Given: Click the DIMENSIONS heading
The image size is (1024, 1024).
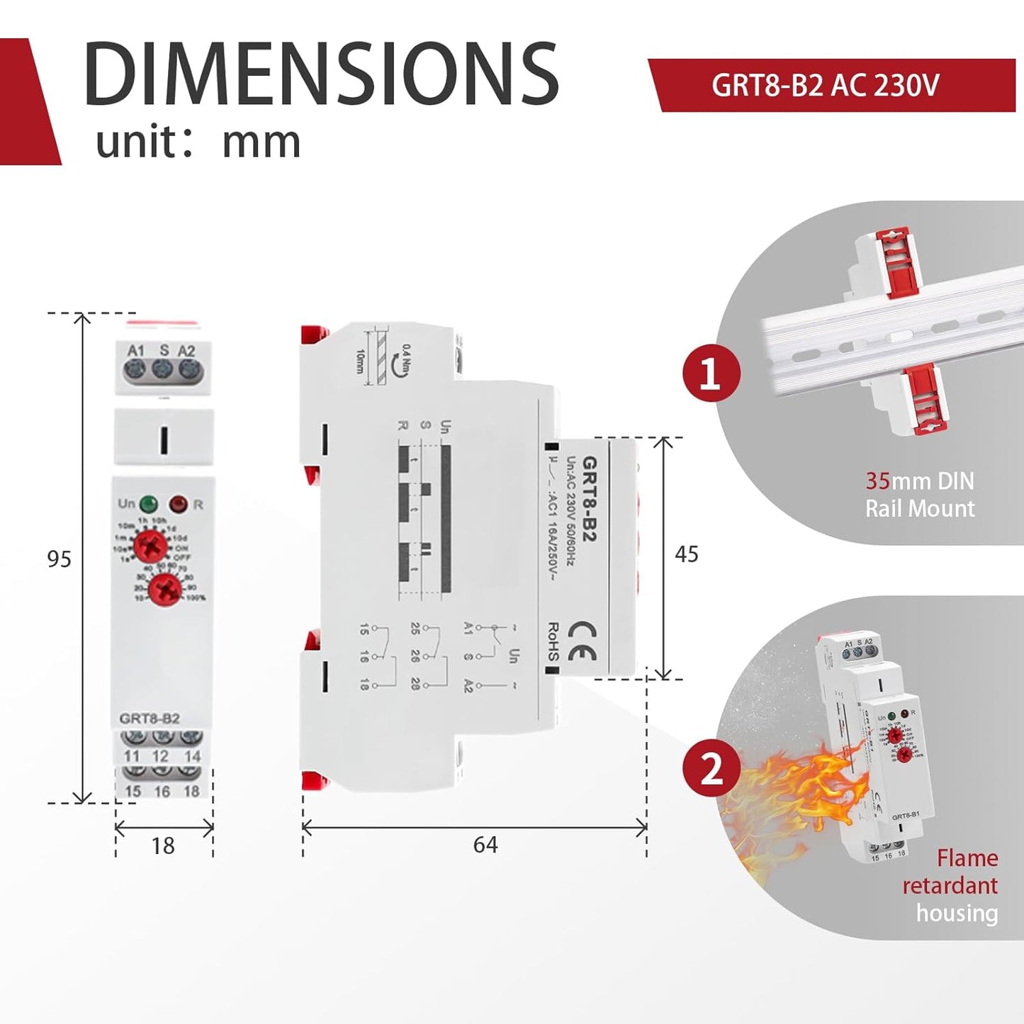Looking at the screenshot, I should [x=321, y=74].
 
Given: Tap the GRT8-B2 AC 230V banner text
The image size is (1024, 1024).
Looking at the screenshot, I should [x=825, y=86].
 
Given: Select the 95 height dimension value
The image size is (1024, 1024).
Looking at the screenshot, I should [x=60, y=559].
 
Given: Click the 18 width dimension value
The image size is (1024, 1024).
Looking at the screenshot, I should [x=163, y=845].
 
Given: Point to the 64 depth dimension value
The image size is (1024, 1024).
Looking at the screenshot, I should [x=485, y=845].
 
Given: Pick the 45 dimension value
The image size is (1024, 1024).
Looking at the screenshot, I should [x=686, y=553].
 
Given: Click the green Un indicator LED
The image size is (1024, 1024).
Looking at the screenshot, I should [x=149, y=504].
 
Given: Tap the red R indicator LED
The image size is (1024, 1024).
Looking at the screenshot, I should [x=178, y=505].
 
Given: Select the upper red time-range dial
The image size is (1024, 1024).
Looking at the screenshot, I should [x=151, y=546].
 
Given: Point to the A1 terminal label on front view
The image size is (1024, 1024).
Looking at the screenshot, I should [x=135, y=351].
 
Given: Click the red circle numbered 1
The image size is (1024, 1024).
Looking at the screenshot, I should [x=711, y=373].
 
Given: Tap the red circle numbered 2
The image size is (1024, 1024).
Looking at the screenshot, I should [x=711, y=769].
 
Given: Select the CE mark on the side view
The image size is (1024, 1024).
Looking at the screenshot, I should [x=582, y=641].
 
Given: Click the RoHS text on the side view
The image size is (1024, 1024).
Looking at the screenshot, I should [x=553, y=641].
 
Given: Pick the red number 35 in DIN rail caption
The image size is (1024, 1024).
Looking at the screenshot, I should [x=877, y=481].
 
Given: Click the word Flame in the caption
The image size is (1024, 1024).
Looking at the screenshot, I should [x=967, y=858].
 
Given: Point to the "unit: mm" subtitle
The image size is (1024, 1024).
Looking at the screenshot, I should [x=198, y=142].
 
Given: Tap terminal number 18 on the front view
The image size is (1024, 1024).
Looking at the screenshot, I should [x=191, y=791].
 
